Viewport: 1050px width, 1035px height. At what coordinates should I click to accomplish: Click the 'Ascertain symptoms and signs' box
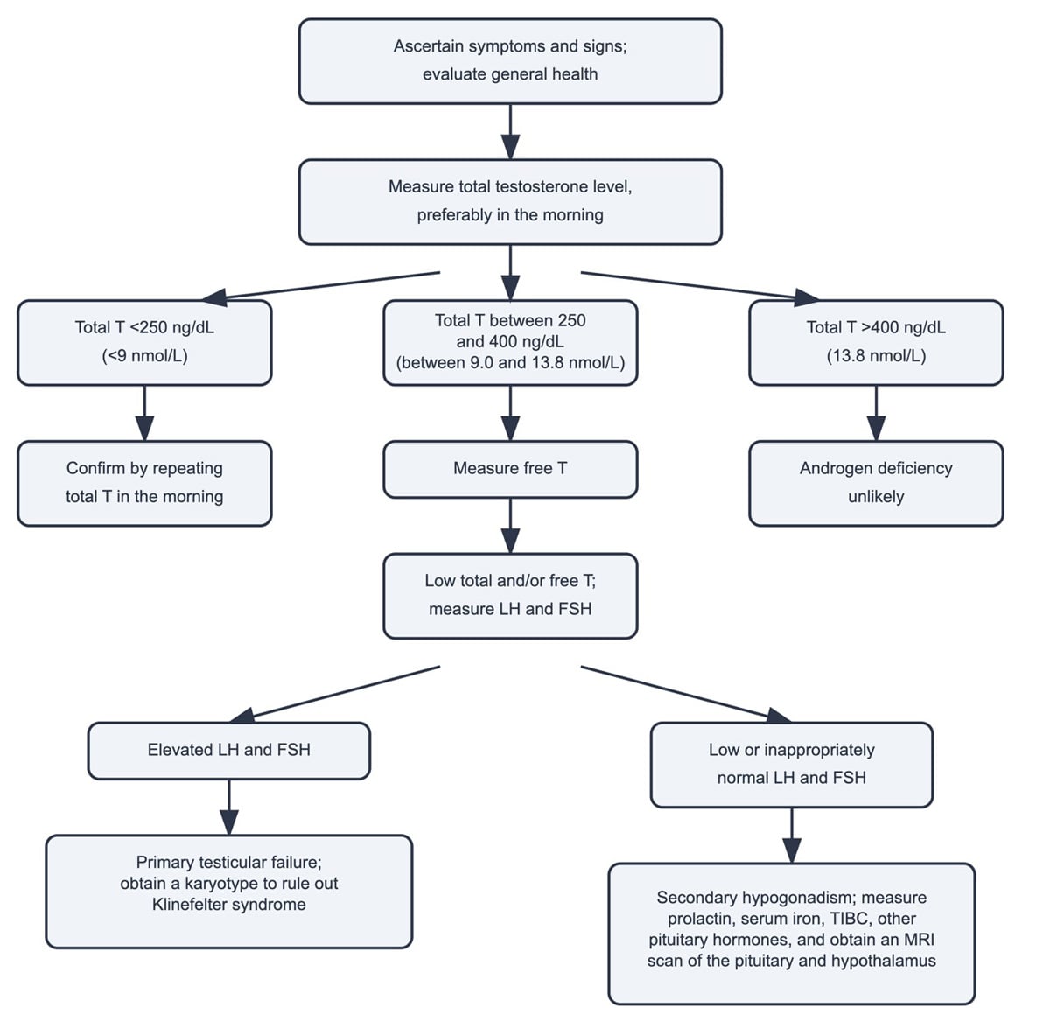(x=510, y=61)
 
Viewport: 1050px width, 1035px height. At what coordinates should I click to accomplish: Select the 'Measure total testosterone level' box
(x=510, y=201)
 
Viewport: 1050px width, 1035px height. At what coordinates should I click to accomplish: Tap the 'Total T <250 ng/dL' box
(x=144, y=342)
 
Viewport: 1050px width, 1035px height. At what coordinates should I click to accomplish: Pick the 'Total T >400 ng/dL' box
(x=876, y=342)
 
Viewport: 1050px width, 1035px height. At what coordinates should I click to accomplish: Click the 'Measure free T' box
(x=510, y=469)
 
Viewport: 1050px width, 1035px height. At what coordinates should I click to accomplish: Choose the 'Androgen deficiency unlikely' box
(x=876, y=483)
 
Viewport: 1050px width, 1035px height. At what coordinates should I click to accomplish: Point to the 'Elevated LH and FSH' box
(x=228, y=750)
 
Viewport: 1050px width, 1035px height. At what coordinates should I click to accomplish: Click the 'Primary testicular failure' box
(x=228, y=891)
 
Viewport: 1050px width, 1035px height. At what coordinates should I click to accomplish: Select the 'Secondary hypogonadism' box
(x=791, y=933)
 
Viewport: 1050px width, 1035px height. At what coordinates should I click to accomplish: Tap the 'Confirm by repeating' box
(x=144, y=483)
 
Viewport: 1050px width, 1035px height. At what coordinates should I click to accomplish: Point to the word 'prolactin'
(x=703, y=919)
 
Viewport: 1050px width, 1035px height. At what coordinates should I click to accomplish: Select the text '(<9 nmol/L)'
(x=144, y=356)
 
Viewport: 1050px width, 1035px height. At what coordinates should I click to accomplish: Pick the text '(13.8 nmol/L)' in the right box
(x=876, y=356)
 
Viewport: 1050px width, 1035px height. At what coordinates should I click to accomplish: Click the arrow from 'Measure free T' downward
(x=510, y=525)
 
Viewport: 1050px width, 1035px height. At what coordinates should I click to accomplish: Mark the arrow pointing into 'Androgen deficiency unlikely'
(x=876, y=413)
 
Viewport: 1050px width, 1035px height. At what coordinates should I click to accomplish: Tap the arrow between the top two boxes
(x=510, y=131)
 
